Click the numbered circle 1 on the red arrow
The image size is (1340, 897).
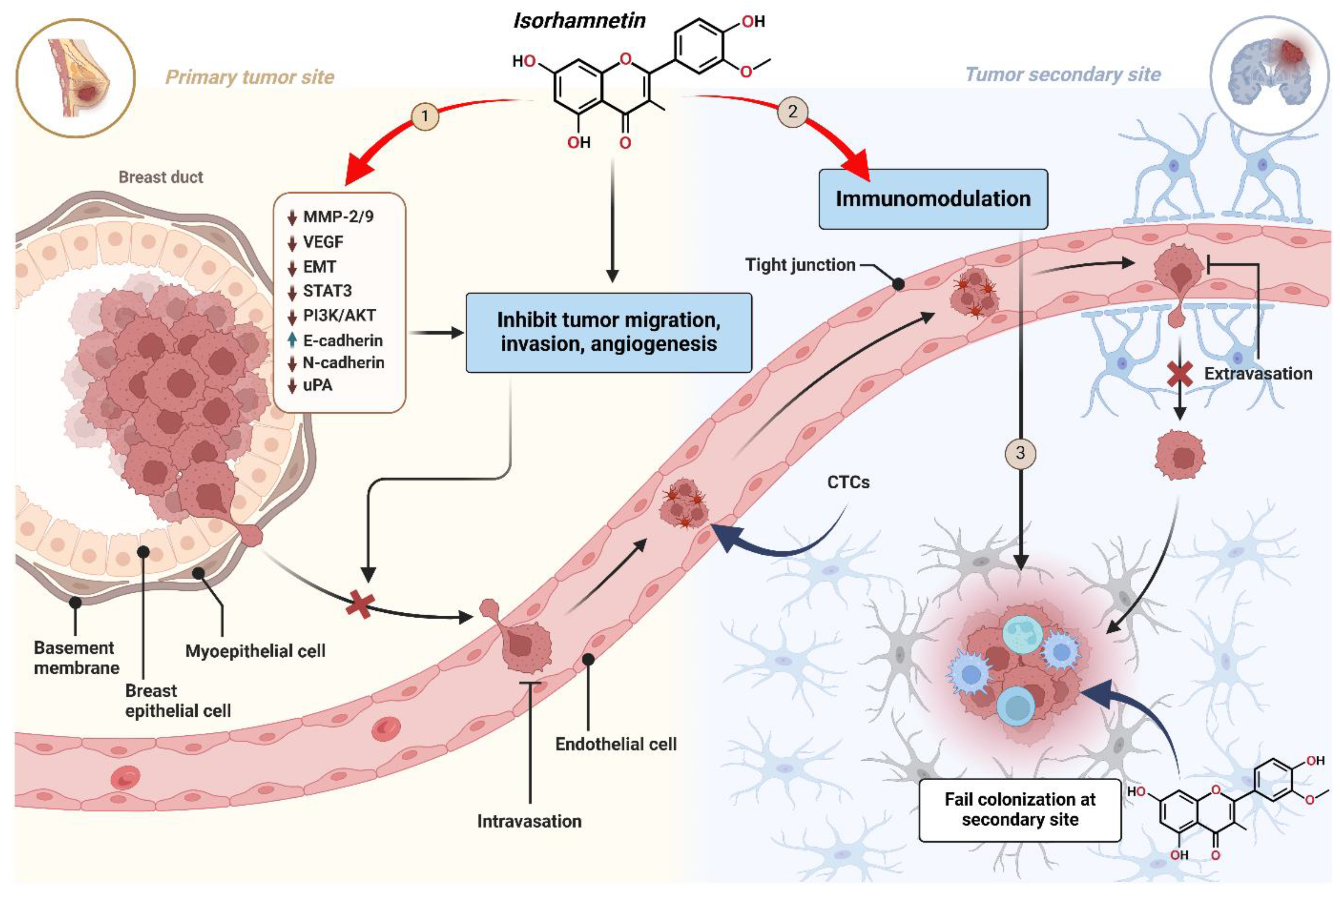point(425,116)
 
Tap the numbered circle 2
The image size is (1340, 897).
point(792,111)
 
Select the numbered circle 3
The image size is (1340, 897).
point(1020,453)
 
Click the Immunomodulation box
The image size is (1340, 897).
point(933,199)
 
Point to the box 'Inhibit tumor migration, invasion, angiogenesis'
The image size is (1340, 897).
point(609,332)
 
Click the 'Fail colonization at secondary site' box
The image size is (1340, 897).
point(1020,809)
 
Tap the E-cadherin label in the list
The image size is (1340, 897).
point(343,340)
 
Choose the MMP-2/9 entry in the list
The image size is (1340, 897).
point(338,216)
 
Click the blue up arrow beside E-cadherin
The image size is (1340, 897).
point(292,340)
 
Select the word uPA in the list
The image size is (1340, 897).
point(317,385)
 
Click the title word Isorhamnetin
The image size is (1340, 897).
point(579,21)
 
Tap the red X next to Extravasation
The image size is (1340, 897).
point(1179,375)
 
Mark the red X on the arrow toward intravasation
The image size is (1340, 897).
point(360,605)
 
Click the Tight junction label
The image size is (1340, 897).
point(800,265)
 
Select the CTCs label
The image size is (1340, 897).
point(848,482)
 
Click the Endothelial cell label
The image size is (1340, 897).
point(616,744)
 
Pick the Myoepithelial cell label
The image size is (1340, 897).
point(255,651)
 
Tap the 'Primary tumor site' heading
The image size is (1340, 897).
point(250,77)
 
